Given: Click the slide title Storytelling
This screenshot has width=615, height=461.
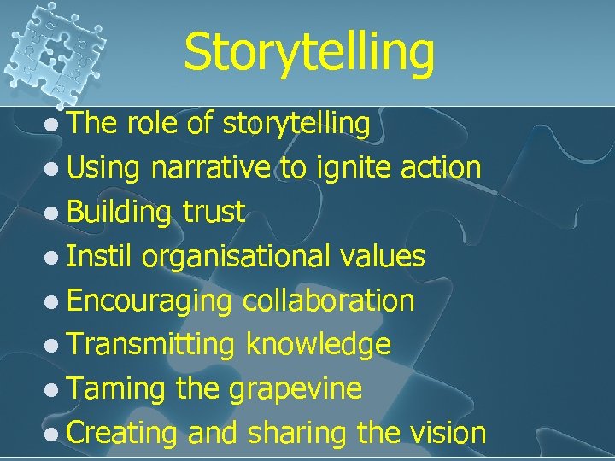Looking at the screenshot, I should tap(308, 50).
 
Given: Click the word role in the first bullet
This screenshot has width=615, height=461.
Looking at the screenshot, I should tap(155, 125).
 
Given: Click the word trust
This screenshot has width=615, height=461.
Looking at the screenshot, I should tap(214, 212).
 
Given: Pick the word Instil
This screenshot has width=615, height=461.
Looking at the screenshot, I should tap(101, 255).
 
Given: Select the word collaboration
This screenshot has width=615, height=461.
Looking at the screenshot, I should tap(329, 300).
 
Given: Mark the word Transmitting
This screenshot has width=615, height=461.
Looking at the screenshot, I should tap(150, 344).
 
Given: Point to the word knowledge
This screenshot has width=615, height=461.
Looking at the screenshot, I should tap(318, 344).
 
